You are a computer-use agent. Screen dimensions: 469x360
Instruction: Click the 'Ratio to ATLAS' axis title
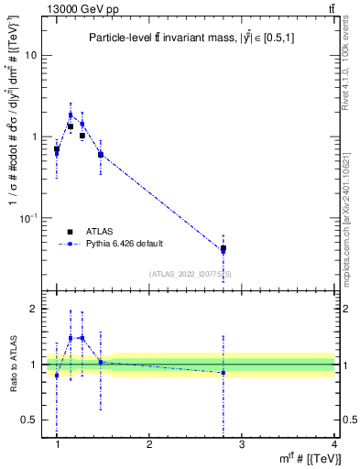pyautogui.click(x=13, y=365)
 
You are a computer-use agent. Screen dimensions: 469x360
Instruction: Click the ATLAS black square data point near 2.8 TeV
pyautogui.click(x=224, y=248)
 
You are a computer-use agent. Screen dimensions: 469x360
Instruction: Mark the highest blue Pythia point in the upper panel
pyautogui.click(x=71, y=115)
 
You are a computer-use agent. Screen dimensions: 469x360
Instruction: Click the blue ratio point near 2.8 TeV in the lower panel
pyautogui.click(x=224, y=373)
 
